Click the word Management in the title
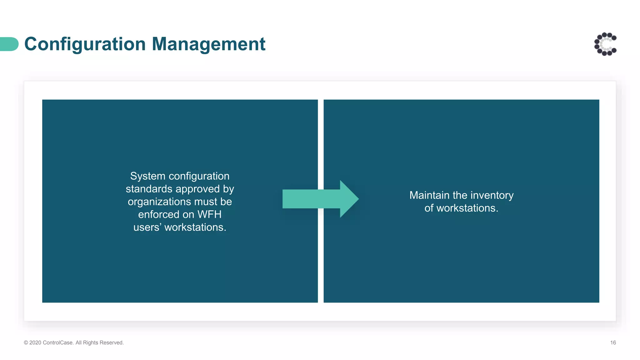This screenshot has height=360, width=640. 208,44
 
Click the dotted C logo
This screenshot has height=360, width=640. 605,44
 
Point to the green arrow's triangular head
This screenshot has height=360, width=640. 348,199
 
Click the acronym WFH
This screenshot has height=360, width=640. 209,215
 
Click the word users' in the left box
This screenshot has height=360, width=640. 147,227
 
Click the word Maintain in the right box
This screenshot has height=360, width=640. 429,195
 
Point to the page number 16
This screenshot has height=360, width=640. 613,343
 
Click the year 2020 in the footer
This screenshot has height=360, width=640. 35,343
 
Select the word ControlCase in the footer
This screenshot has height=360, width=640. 57,343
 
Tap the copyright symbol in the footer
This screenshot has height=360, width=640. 26,343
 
